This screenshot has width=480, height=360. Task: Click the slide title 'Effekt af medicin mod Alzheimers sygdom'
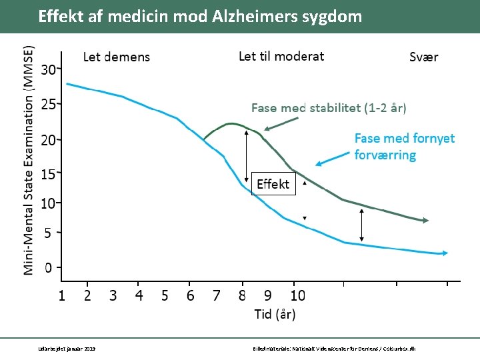click(200, 16)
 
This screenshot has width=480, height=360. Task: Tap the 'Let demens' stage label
click(116, 57)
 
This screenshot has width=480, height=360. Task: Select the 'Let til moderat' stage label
click(281, 56)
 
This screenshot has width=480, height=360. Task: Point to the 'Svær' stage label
click(423, 57)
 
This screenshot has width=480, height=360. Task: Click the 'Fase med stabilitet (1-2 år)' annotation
click(328, 107)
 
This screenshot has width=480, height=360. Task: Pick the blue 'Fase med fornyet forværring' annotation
click(404, 147)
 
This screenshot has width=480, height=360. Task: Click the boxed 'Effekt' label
click(273, 183)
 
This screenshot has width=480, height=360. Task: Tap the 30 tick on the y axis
click(49, 69)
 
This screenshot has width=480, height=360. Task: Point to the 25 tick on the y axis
click(49, 105)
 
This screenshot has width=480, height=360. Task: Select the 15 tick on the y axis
click(49, 174)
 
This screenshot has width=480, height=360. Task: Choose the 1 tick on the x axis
click(61, 295)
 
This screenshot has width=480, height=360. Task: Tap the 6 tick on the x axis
click(191, 295)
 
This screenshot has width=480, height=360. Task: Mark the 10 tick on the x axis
click(297, 295)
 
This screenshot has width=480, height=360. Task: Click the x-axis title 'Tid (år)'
click(275, 314)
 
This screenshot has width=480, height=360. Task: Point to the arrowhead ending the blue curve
click(445, 253)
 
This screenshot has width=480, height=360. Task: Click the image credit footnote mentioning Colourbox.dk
click(335, 349)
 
